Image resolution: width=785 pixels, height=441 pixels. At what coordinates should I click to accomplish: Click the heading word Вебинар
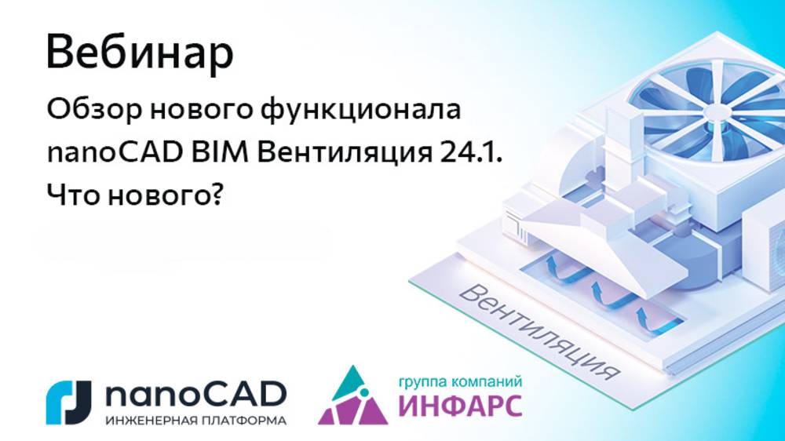pos(140,53)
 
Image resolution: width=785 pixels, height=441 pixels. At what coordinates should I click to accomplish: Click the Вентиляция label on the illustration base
pos(534,330)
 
